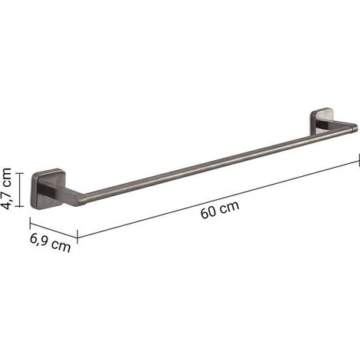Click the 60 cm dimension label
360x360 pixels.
click(220, 210)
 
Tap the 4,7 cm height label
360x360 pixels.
click(6, 188)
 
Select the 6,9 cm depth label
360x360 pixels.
click(50, 243)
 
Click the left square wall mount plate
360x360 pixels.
click(48, 188)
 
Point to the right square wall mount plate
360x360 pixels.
click(320, 121)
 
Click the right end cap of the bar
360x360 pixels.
click(354, 127)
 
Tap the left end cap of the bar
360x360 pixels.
click(82, 200)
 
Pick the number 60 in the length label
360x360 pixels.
click(208, 213)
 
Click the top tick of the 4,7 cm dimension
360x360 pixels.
click(19, 173)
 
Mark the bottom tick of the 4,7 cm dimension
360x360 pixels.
click(19, 206)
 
